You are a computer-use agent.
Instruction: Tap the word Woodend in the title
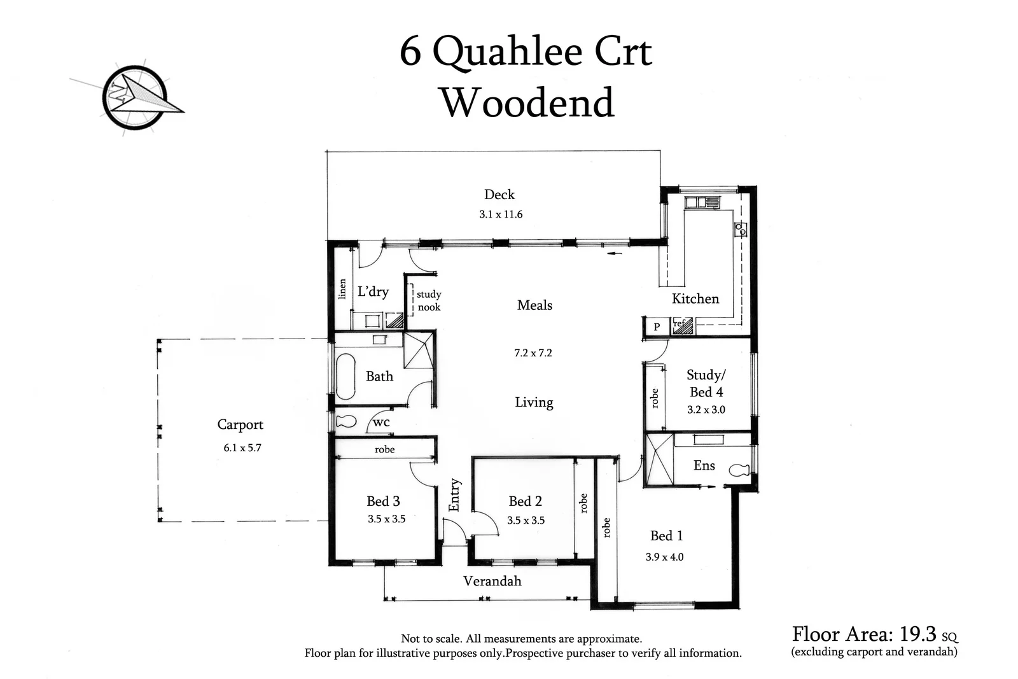click(x=527, y=102)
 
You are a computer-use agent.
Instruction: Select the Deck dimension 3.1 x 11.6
click(x=501, y=214)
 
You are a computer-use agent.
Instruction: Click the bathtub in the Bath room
click(x=345, y=375)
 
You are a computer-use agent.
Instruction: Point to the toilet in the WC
click(x=345, y=421)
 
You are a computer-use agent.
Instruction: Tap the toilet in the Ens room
click(x=739, y=470)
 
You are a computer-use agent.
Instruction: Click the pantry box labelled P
click(x=657, y=326)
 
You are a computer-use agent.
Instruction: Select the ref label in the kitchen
click(x=679, y=324)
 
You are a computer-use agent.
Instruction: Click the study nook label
click(x=429, y=300)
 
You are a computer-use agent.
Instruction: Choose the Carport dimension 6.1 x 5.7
click(x=242, y=448)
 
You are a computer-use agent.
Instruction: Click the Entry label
click(x=454, y=495)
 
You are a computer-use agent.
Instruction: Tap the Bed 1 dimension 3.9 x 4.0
click(x=664, y=557)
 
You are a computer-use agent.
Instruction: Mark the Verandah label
click(x=492, y=581)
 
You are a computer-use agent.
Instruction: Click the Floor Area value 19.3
click(x=917, y=634)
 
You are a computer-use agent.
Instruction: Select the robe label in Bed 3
click(x=384, y=449)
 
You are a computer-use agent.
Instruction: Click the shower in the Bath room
click(x=418, y=349)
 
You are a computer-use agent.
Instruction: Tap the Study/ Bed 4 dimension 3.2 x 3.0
click(x=706, y=410)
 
